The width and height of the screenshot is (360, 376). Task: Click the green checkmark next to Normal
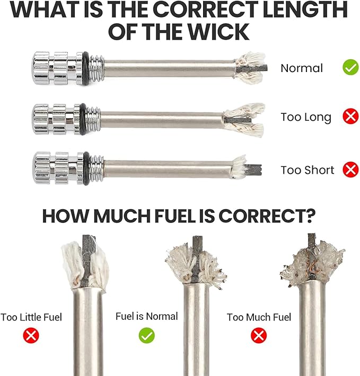pyautogui.click(x=350, y=67)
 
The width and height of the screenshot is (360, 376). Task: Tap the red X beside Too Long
pyautogui.click(x=350, y=117)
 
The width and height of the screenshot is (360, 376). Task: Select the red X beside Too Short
pyautogui.click(x=350, y=169)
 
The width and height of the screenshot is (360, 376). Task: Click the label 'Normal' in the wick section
pyautogui.click(x=302, y=68)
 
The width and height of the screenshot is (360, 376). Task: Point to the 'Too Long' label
pyautogui.click(x=306, y=117)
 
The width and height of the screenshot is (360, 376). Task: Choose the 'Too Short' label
pyautogui.click(x=307, y=170)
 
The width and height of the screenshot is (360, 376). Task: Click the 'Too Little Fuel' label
pyautogui.click(x=31, y=317)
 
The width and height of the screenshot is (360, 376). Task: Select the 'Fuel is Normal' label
pyautogui.click(x=147, y=316)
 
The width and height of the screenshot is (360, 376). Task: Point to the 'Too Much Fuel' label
pyautogui.click(x=259, y=317)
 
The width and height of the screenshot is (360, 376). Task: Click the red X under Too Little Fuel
pyautogui.click(x=31, y=335)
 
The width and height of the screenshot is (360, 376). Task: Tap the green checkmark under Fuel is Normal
pyautogui.click(x=147, y=335)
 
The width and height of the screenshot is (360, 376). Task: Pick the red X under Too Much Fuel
pyautogui.click(x=259, y=335)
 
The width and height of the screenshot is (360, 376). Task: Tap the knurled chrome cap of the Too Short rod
pyautogui.click(x=58, y=168)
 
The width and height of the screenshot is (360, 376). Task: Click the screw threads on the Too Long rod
pyautogui.click(x=94, y=119)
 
